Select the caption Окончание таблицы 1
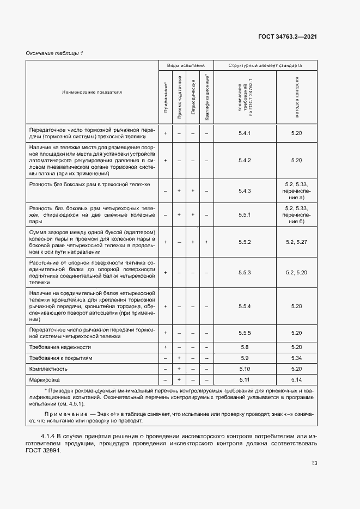pyautogui.click(x=55, y=53)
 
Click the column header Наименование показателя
pyautogui.click(x=92, y=92)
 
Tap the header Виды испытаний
pyautogui.click(x=186, y=65)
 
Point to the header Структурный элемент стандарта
pyautogui.click(x=265, y=65)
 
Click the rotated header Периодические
pyautogui.click(x=193, y=98)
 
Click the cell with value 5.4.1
pyautogui.click(x=245, y=133)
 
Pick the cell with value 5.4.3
pyautogui.click(x=245, y=191)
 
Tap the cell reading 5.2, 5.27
pyautogui.click(x=296, y=242)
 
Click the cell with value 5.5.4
pyautogui.click(x=245, y=306)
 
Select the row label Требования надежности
pyautogui.click(x=60, y=347)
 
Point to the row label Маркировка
pyautogui.click(x=45, y=379)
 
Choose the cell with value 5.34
pyautogui.click(x=296, y=358)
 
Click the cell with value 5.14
pyautogui.click(x=296, y=379)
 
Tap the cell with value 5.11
pyautogui.click(x=245, y=379)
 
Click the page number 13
pyautogui.click(x=314, y=463)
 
